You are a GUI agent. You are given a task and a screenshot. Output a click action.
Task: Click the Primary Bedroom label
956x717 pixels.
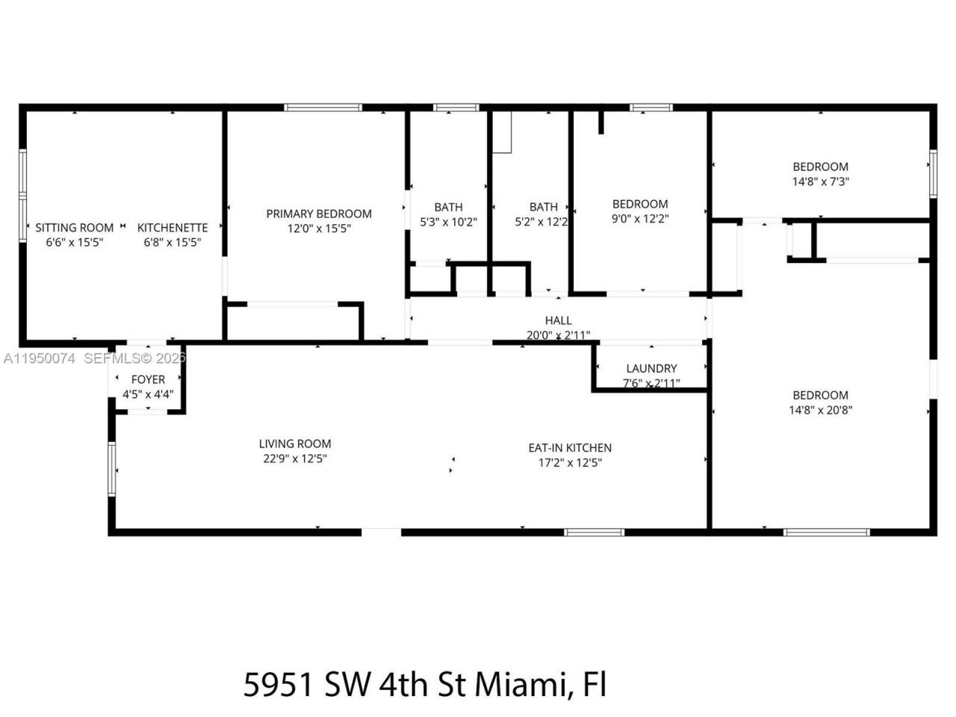[319, 214]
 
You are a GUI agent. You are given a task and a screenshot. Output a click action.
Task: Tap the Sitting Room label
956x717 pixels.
[75, 228]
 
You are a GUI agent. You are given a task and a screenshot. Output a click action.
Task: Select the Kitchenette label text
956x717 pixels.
[173, 228]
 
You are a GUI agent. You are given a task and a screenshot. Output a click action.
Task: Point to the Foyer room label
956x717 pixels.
[148, 379]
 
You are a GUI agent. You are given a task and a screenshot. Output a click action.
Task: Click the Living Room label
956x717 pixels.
[295, 444]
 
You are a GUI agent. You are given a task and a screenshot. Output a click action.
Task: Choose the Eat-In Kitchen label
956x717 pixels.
[570, 447]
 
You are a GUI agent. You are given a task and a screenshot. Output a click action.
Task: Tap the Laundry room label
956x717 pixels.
[651, 368]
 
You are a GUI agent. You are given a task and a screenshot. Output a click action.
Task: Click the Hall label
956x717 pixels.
[558, 320]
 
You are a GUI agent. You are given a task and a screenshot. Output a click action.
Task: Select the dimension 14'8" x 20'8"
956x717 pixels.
[820, 410]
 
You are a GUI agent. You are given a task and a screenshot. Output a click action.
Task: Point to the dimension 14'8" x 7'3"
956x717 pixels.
[820, 181]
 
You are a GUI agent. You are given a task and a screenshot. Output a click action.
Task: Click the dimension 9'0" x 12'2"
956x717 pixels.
[640, 219]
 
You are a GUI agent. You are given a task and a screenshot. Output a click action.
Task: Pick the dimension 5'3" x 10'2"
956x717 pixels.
[448, 222]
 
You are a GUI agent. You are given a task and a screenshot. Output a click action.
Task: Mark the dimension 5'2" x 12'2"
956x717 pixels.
[541, 222]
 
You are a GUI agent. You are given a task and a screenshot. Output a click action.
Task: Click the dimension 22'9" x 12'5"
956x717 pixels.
[295, 459]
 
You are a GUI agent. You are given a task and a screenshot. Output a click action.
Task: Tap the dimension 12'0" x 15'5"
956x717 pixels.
[319, 229]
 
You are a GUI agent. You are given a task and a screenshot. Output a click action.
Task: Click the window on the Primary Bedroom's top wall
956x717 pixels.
[323, 108]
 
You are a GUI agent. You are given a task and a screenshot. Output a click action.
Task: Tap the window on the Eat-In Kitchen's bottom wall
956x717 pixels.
[594, 533]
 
